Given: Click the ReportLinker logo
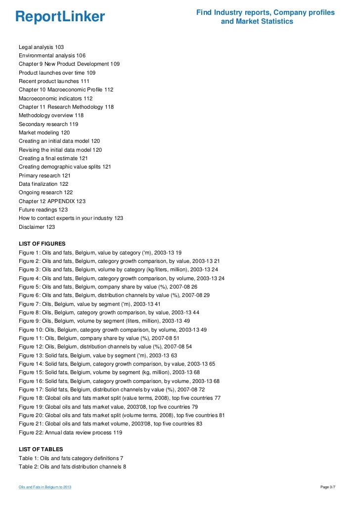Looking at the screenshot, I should click(60, 17).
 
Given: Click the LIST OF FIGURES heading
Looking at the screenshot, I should click(42, 244).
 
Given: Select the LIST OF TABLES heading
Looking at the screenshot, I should click(41, 449).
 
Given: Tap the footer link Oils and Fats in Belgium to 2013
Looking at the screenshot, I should click(45, 488).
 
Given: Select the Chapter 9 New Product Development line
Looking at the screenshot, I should click(69, 64).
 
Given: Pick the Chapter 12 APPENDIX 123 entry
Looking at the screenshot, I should click(52, 201).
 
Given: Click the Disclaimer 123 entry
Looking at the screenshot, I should click(37, 227).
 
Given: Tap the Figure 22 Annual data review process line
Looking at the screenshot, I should click(70, 432).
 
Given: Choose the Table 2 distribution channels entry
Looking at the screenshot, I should click(72, 467).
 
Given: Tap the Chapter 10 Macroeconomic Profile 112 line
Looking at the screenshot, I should click(66, 89).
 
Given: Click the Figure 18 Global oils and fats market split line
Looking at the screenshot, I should click(120, 398).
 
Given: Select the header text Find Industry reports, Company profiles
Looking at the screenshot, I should click(265, 12).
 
